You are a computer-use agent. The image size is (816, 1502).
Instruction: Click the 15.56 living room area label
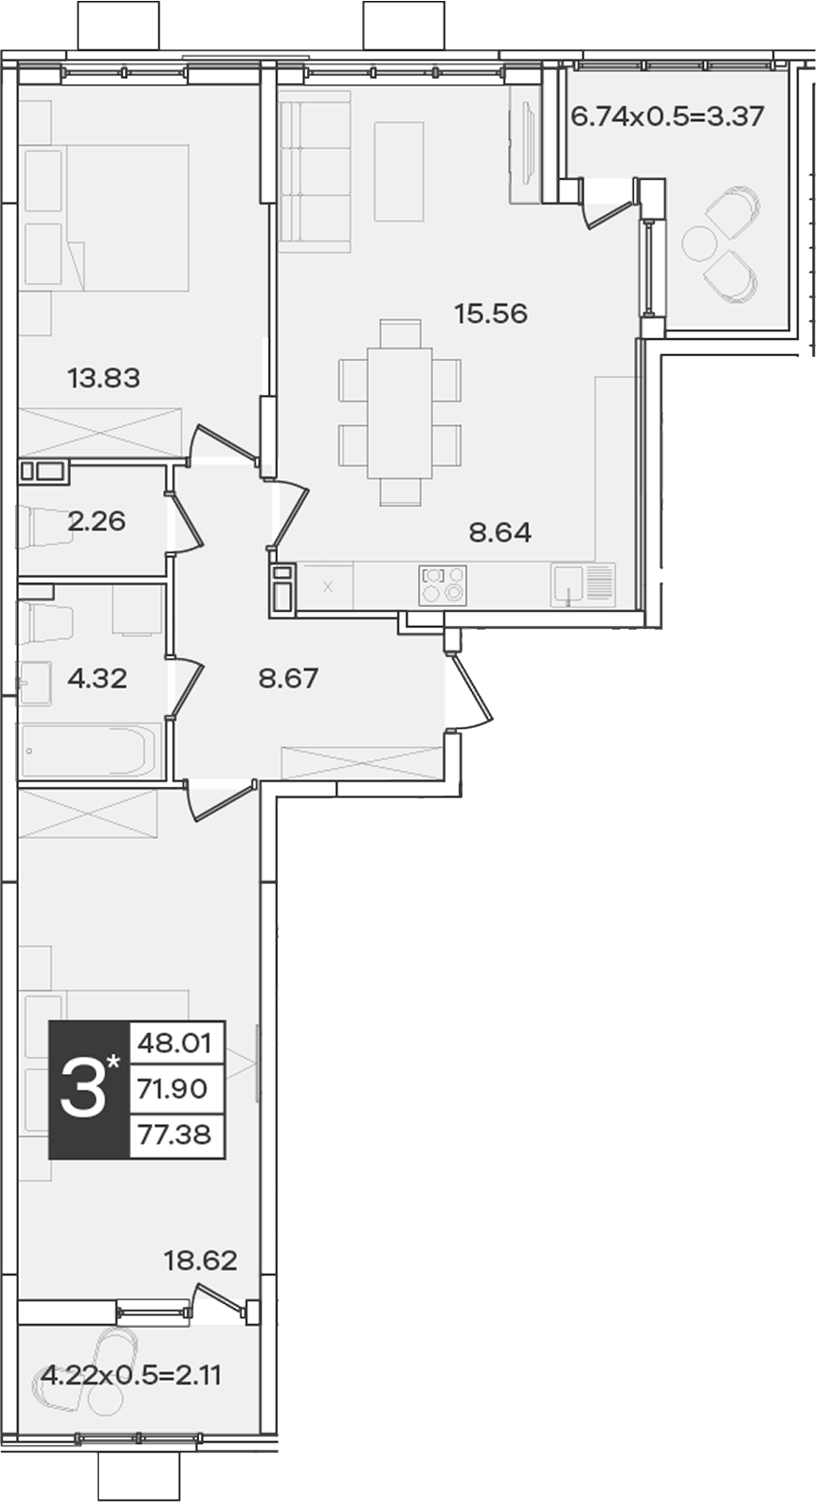coord(491,313)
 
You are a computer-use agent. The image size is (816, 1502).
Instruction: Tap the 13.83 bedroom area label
coord(104,378)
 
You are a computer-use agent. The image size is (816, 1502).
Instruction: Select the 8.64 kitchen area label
coord(500,533)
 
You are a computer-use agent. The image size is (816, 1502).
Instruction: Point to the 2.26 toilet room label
coord(97,521)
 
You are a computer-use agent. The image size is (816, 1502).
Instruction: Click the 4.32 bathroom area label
coord(98,679)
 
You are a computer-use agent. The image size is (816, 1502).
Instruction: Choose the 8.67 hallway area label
coord(288,679)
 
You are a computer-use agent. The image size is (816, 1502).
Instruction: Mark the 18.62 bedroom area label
coord(201,1261)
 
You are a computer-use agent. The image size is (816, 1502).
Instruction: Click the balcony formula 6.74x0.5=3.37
coord(667,116)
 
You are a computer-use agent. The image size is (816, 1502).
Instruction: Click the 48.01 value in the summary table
coord(174,1044)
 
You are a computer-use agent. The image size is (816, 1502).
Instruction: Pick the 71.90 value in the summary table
coord(172,1089)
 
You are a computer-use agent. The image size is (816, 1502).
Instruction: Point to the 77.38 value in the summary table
coord(174,1135)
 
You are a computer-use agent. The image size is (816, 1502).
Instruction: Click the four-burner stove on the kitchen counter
coord(443,583)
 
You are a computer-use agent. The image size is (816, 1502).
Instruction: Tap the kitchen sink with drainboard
coord(584,584)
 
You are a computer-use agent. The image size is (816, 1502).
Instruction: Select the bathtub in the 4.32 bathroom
coord(89,751)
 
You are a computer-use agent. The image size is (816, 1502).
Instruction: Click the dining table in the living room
coord(399,412)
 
